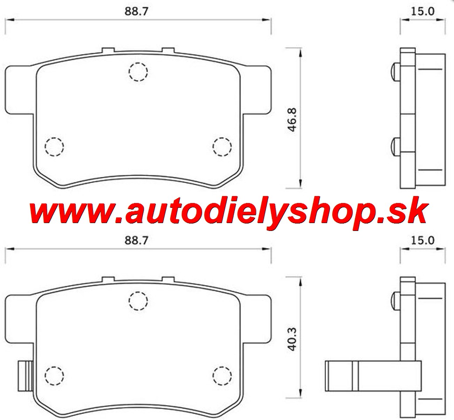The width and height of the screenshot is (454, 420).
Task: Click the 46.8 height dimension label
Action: click(x=292, y=120)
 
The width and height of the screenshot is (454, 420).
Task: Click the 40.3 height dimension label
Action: click(x=292, y=339)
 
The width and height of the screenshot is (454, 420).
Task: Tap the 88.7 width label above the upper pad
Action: click(x=136, y=11)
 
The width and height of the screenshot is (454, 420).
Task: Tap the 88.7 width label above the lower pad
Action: click(x=136, y=240)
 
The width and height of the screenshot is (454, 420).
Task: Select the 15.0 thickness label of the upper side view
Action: click(x=423, y=11)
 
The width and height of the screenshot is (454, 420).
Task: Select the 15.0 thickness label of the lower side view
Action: click(x=423, y=240)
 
